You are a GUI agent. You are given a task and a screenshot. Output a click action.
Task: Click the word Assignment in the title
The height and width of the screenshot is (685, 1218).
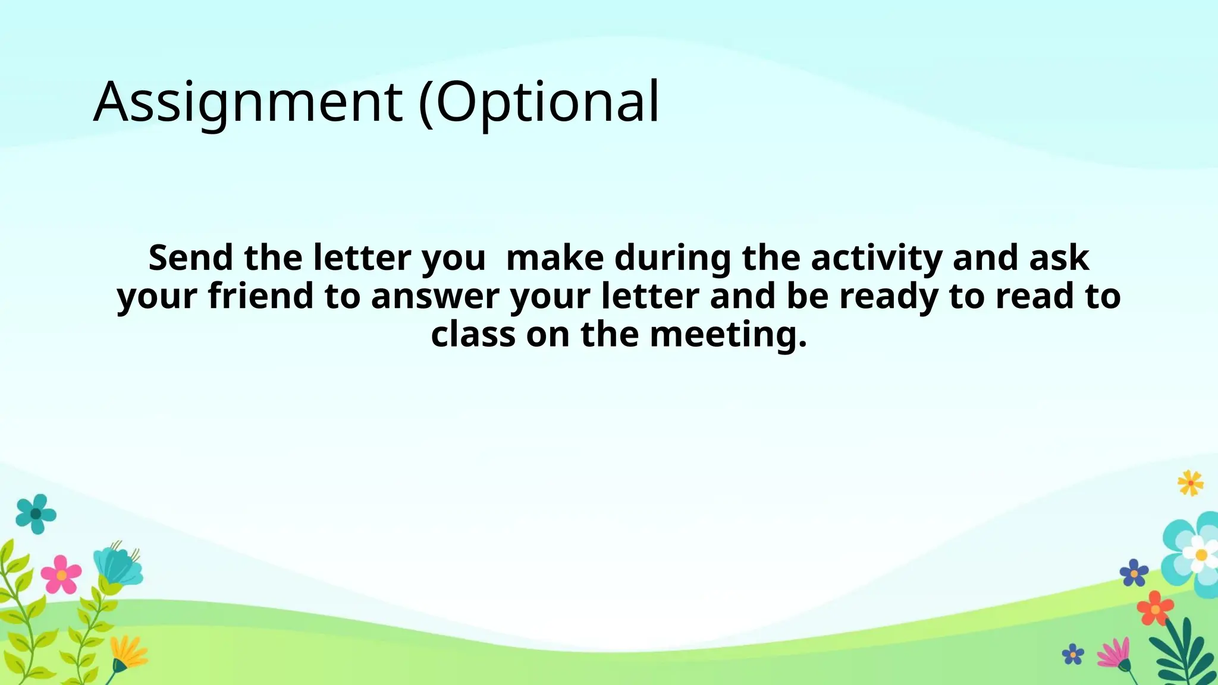click(x=247, y=102)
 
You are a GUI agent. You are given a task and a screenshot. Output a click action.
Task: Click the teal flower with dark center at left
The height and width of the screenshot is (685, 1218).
click(x=36, y=513)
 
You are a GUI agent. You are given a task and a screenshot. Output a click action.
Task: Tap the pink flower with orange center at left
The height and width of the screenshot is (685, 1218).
click(x=61, y=574)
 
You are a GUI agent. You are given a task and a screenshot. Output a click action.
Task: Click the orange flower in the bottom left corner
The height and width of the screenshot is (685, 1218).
click(x=128, y=653)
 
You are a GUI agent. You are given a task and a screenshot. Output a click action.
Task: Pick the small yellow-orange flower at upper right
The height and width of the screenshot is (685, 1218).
click(x=1190, y=483)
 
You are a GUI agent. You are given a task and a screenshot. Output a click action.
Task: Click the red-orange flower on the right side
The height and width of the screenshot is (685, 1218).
click(x=1155, y=608)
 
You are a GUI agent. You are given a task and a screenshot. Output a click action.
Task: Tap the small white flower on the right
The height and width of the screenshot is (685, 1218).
click(x=1200, y=555)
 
